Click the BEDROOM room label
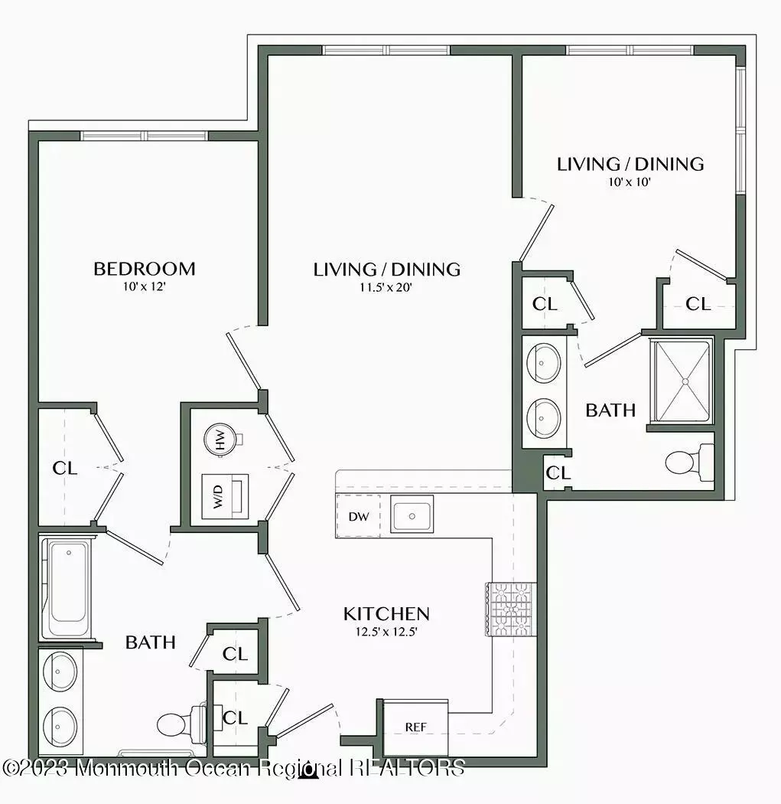click(145, 269)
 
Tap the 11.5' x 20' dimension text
click(386, 287)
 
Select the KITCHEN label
click(386, 614)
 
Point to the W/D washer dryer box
click(225, 496)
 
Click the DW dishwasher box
click(359, 516)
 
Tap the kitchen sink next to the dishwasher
click(412, 514)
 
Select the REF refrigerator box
click(415, 727)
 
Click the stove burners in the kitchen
click(510, 610)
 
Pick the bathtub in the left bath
click(67, 587)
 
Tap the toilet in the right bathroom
click(689, 462)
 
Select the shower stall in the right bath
click(682, 381)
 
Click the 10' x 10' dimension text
click(630, 182)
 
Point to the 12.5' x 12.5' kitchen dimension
click(386, 632)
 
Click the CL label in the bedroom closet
click(65, 468)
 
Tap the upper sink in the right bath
click(543, 363)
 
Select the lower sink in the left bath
click(60, 727)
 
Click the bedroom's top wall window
click(145, 136)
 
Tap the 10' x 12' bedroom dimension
click(144, 286)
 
